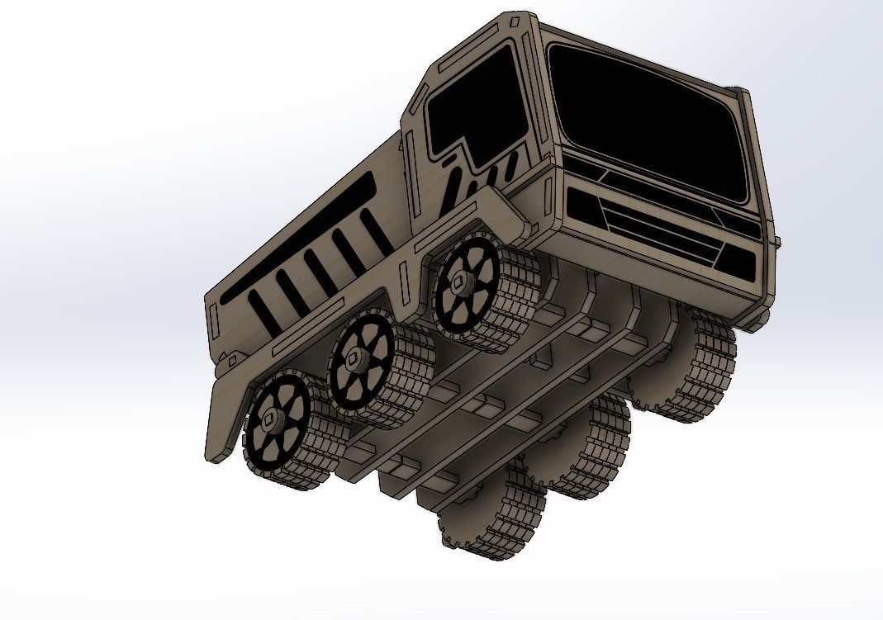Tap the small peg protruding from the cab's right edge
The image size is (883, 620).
777,241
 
